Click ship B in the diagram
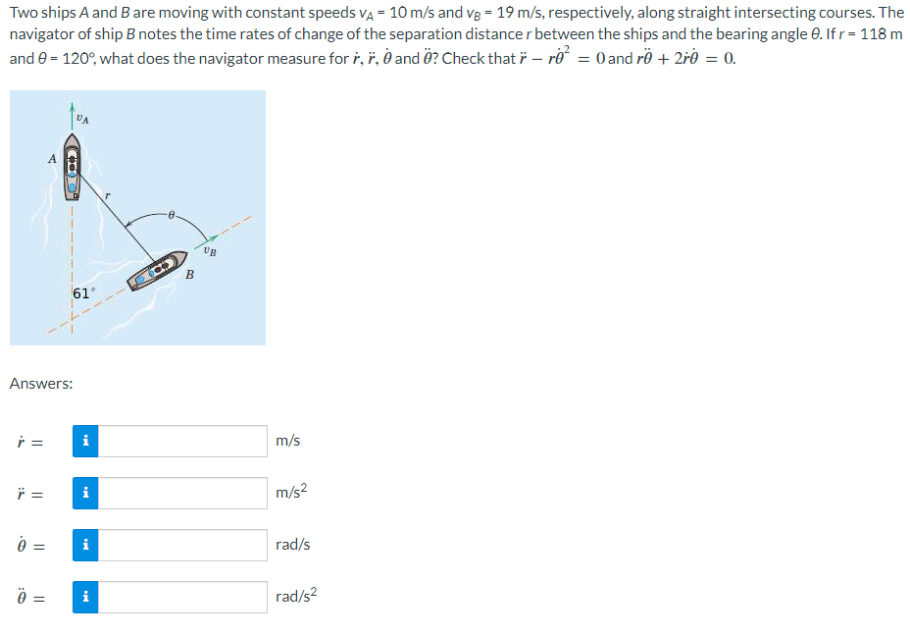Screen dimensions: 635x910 click(x=164, y=270)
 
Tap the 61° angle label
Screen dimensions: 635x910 click(x=84, y=293)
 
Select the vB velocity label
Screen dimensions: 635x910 click(x=210, y=251)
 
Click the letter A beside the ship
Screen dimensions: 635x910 click(x=52, y=158)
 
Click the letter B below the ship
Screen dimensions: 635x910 click(x=189, y=274)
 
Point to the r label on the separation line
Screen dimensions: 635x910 click(x=109, y=196)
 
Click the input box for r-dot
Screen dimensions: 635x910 click(x=182, y=441)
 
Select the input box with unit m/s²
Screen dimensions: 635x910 click(x=182, y=493)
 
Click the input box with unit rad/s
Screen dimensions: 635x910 click(x=182, y=545)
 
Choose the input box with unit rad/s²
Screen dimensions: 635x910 click(x=182, y=597)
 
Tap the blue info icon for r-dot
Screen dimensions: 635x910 click(x=86, y=441)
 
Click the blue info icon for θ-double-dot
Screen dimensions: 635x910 click(x=86, y=597)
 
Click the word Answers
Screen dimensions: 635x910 click(x=40, y=384)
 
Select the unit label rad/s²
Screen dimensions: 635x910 click(x=296, y=596)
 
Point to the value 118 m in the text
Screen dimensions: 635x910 click(x=882, y=34)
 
